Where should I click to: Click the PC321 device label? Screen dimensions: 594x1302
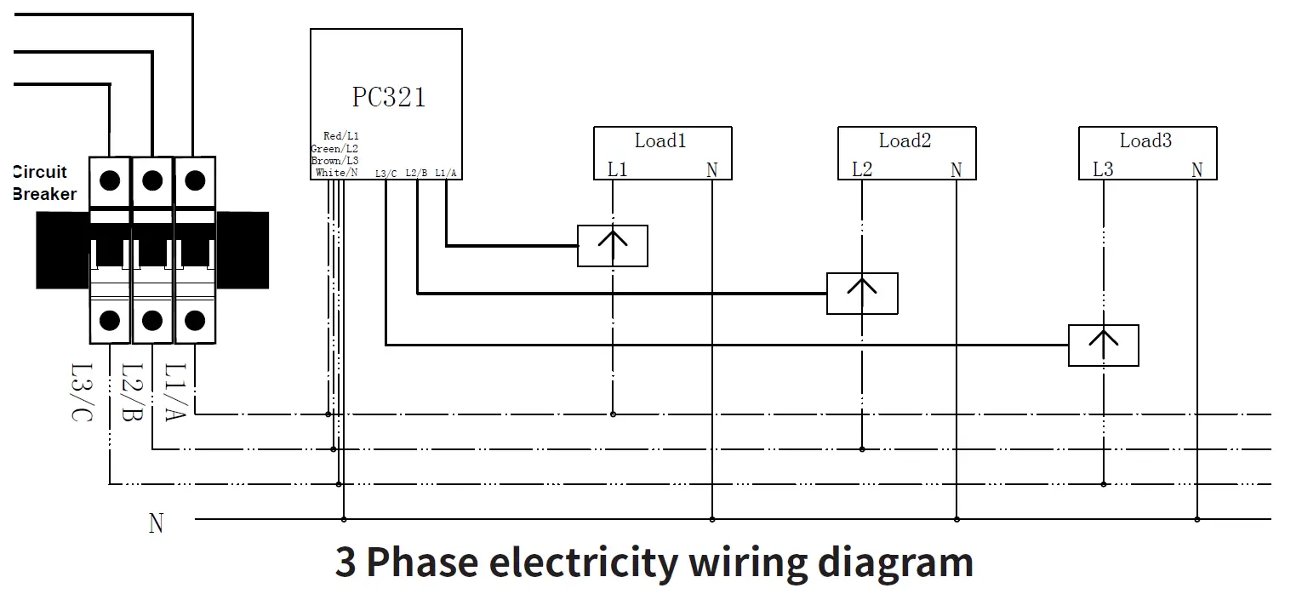click(x=389, y=97)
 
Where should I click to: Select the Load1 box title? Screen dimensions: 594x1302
click(x=660, y=140)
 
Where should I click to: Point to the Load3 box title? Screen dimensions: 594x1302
click(x=1145, y=140)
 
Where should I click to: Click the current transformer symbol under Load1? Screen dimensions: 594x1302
click(x=613, y=246)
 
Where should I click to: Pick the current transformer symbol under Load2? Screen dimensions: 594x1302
click(x=862, y=294)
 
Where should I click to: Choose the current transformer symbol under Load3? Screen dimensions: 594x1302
click(x=1104, y=346)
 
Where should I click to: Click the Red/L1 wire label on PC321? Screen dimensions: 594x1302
click(x=341, y=136)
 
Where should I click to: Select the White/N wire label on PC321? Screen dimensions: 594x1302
click(x=331, y=173)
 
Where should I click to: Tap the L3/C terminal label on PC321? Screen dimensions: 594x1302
click(x=385, y=173)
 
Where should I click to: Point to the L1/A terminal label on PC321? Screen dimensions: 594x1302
click(x=446, y=173)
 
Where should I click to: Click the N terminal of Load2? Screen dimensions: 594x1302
click(x=956, y=170)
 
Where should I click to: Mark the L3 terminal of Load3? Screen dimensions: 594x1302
click(x=1103, y=170)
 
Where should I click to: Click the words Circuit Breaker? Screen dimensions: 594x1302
click(x=44, y=183)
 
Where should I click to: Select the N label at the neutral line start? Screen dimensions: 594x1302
click(x=156, y=523)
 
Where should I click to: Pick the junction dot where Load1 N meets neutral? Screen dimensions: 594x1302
click(x=712, y=519)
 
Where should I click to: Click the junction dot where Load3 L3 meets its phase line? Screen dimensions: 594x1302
click(x=1104, y=484)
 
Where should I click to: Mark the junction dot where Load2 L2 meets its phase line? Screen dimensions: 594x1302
click(x=862, y=449)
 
